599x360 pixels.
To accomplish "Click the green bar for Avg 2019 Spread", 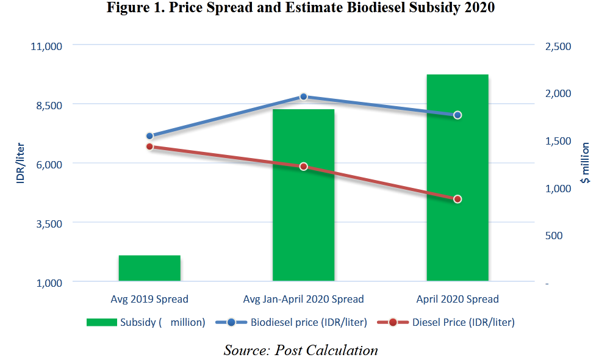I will (x=149, y=268).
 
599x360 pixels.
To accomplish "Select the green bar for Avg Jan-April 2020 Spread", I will (x=303, y=195).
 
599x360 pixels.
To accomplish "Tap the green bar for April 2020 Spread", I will (x=457, y=178).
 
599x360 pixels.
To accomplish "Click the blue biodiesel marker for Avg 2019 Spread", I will (x=149, y=136).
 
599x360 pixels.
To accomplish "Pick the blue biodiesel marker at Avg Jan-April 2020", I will (x=303, y=97).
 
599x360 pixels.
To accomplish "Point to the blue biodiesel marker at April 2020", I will (x=457, y=115).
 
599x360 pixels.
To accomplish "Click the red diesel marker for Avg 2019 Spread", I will (x=149, y=147).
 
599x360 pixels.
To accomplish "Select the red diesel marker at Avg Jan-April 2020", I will (x=303, y=167).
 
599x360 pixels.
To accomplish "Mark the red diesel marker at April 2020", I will (x=457, y=200).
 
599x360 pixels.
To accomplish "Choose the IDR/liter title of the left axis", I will (x=20, y=164).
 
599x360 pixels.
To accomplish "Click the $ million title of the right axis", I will (x=585, y=163).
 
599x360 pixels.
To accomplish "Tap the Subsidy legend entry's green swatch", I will (x=101, y=322).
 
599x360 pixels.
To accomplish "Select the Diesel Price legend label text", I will (x=463, y=322).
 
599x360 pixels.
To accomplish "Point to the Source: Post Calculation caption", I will (x=300, y=350).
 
